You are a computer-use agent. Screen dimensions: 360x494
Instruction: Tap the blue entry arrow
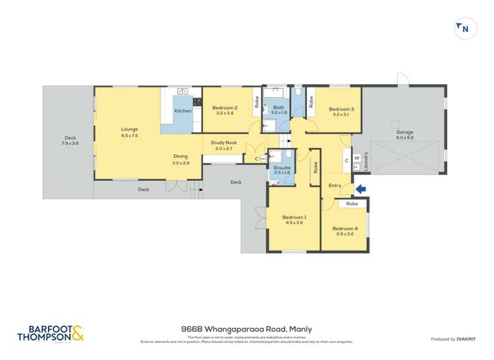360,190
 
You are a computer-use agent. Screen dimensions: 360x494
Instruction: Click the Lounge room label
129,129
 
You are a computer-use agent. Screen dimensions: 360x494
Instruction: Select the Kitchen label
182,111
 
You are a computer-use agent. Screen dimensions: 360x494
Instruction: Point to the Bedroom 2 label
225,107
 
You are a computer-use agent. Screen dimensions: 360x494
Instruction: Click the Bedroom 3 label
341,109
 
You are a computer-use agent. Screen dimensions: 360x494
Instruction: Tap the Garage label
404,132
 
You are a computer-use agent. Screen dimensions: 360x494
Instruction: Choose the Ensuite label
282,167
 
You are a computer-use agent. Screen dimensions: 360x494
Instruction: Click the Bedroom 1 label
294,217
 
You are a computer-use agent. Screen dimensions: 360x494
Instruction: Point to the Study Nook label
224,142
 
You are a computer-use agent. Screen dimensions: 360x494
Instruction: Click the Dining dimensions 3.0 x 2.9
180,163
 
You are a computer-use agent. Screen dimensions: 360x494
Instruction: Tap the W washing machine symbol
356,158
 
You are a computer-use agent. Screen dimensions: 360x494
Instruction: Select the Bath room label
279,107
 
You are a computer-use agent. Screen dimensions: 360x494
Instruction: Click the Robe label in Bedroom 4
352,204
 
